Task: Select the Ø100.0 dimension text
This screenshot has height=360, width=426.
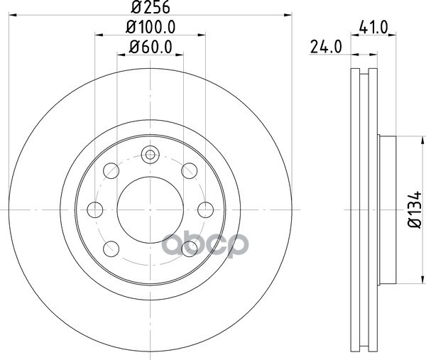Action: click(x=151, y=27)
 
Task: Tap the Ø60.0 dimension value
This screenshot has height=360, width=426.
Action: click(x=151, y=47)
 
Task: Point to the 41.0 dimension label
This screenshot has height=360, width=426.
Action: click(x=373, y=27)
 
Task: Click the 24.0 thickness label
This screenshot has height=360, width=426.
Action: click(x=326, y=47)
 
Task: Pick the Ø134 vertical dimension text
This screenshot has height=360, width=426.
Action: click(x=415, y=209)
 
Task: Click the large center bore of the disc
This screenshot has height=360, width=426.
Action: click(x=151, y=209)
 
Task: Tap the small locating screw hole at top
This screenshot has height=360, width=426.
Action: click(x=151, y=155)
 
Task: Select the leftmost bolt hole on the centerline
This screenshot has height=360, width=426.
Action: click(x=95, y=209)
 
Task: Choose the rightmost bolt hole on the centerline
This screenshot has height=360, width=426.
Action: click(x=205, y=209)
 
